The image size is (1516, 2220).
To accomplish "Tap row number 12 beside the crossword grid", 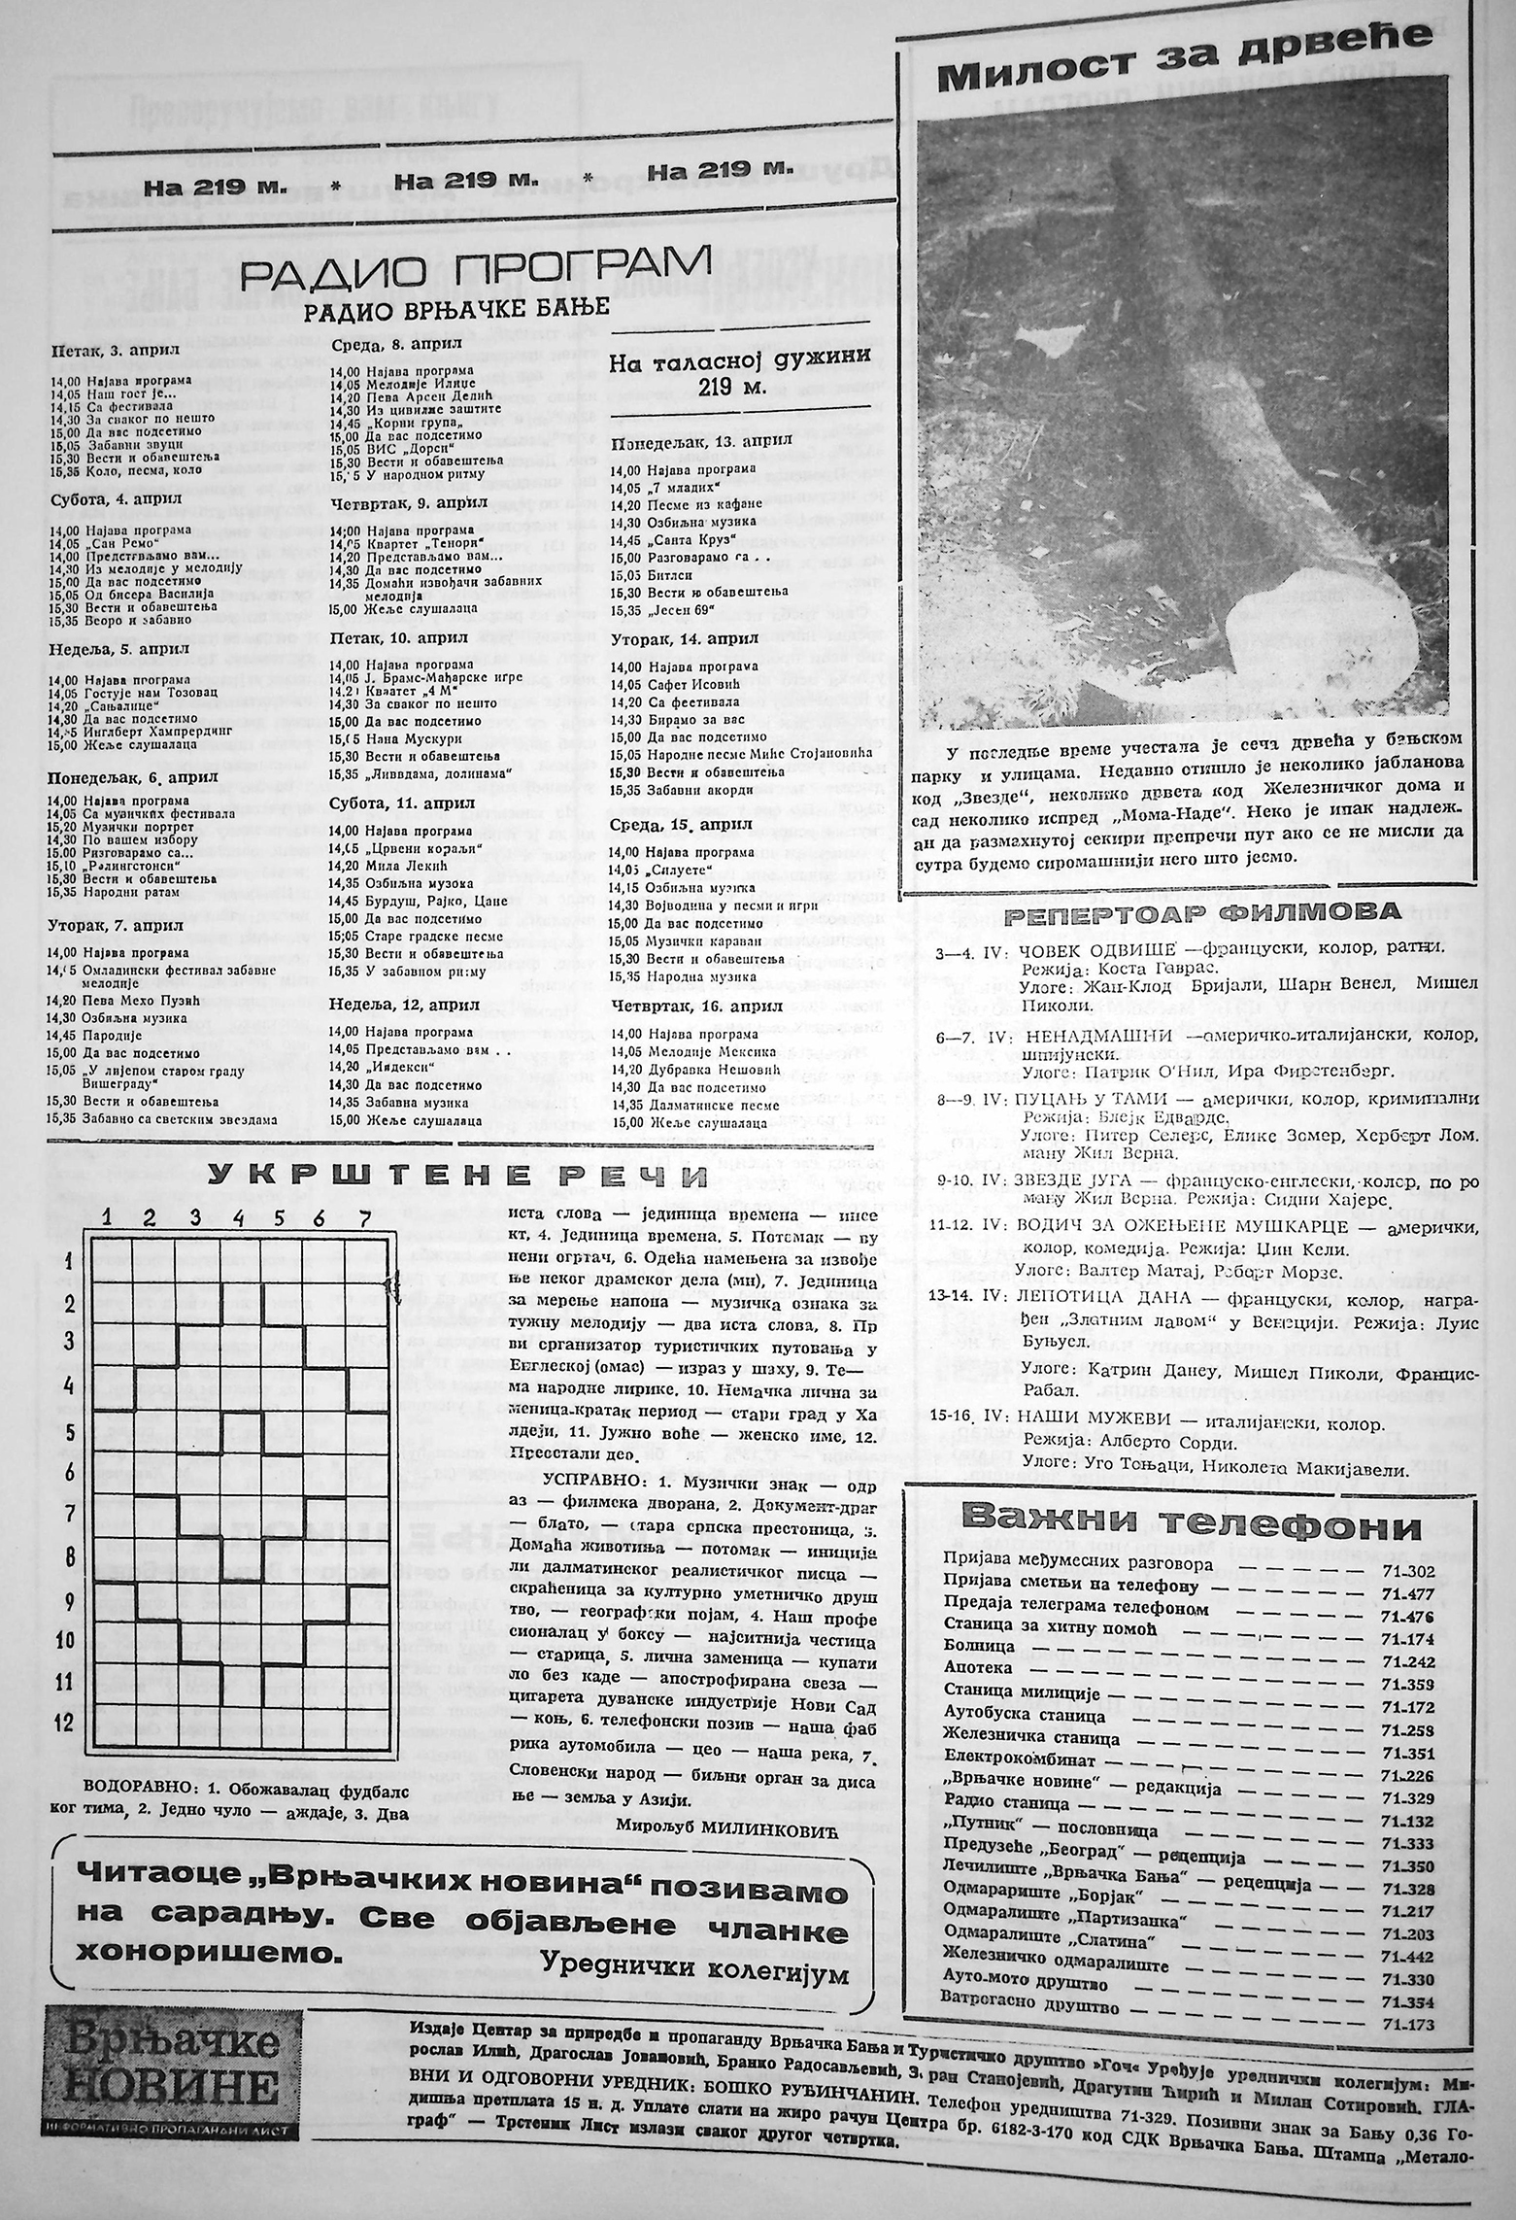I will pos(64,1723).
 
